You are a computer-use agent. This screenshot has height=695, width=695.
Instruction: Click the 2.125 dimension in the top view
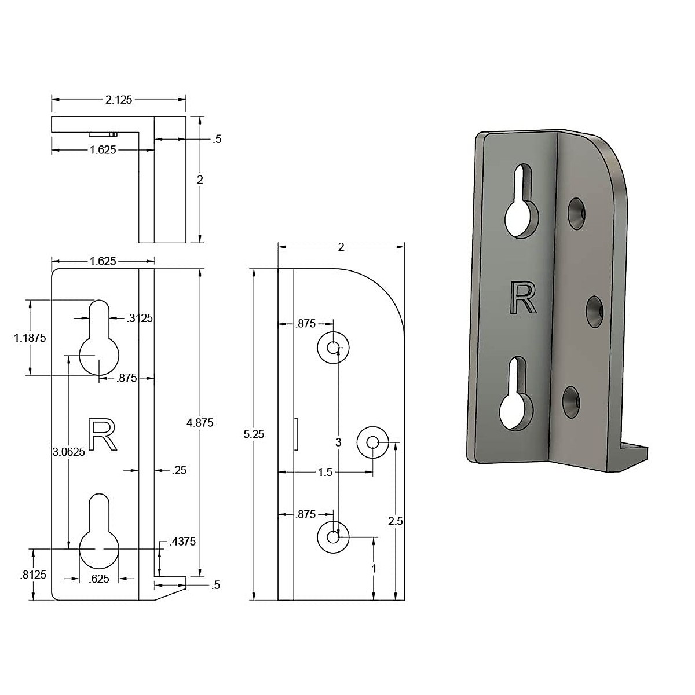click(119, 100)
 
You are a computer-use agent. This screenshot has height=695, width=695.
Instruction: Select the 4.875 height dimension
click(200, 423)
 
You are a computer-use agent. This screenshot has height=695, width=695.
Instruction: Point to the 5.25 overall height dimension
click(253, 434)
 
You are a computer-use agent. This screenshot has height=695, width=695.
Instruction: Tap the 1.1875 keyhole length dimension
click(30, 338)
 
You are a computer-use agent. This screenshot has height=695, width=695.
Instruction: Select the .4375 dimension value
click(182, 542)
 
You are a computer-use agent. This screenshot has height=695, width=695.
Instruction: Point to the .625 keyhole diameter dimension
click(100, 578)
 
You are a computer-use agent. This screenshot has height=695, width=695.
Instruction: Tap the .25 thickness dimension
click(180, 470)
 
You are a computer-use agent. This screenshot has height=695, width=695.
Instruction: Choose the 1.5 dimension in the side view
click(325, 472)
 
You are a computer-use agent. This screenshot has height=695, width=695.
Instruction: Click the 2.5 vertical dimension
click(396, 521)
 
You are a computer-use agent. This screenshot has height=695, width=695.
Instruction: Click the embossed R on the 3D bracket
click(522, 297)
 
